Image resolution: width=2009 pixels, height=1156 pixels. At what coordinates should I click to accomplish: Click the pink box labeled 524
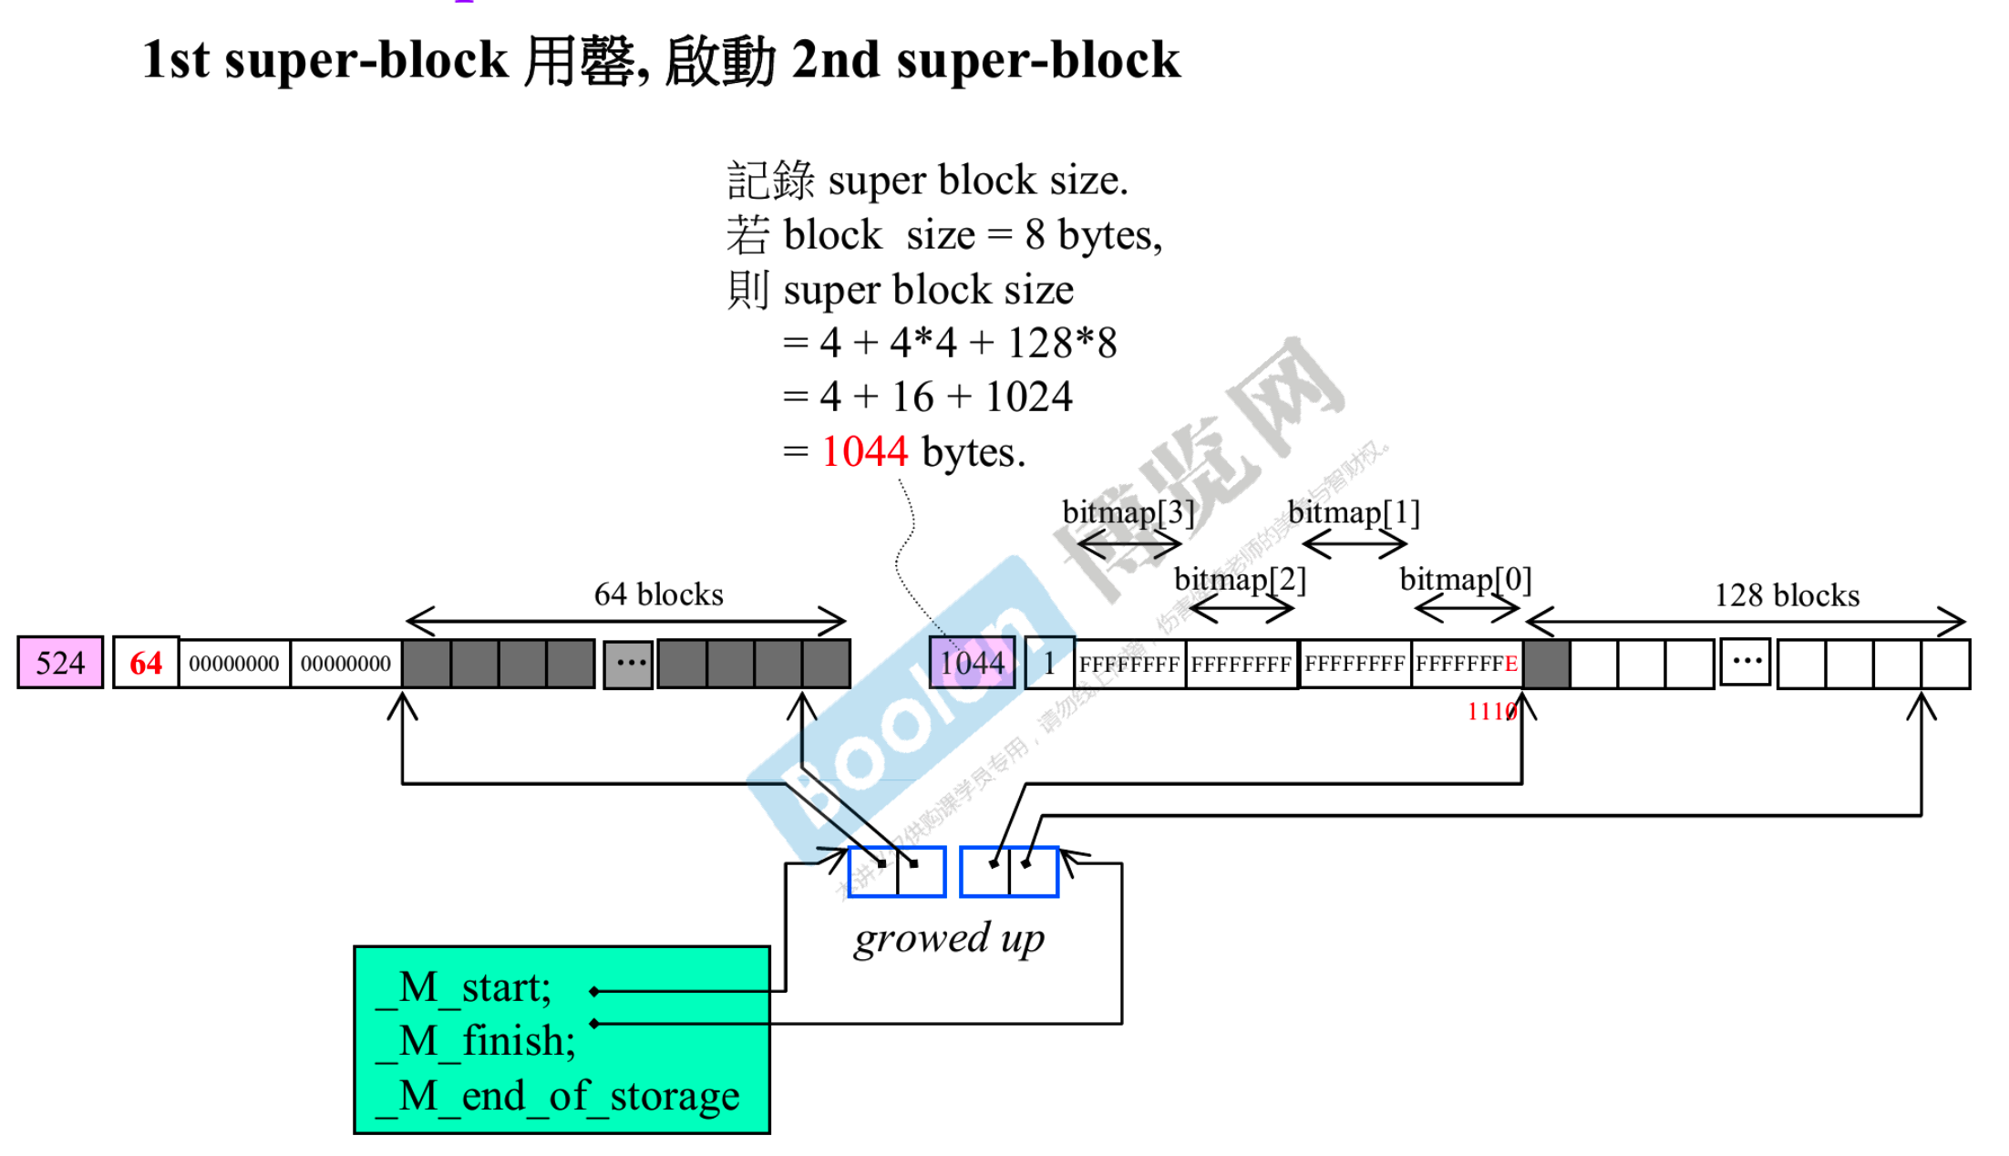click(x=60, y=663)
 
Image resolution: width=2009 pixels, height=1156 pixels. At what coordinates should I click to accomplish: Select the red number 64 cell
click(x=146, y=663)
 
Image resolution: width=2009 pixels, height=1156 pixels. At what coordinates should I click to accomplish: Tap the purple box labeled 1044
click(x=972, y=663)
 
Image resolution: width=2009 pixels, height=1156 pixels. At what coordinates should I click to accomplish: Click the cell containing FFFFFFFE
click(x=1466, y=664)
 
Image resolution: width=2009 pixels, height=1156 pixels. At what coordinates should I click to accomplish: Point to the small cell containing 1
click(x=1049, y=663)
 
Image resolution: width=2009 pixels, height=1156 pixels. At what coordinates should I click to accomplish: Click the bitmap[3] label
click(x=1128, y=512)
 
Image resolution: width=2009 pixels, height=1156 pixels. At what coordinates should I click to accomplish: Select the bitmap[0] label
click(x=1465, y=579)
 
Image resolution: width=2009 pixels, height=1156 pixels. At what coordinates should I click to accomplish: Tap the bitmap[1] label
click(x=1354, y=512)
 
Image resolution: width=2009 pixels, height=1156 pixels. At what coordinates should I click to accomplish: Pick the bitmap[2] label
click(x=1240, y=579)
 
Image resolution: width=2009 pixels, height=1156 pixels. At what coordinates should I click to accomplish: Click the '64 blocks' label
click(x=658, y=594)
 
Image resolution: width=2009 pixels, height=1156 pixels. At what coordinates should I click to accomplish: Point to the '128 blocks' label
click(x=1786, y=595)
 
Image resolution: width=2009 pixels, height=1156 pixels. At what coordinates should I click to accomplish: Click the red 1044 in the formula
click(x=864, y=451)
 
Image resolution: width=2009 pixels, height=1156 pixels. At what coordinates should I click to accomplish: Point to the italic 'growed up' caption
click(x=949, y=939)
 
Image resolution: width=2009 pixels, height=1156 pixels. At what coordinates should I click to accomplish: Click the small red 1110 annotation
click(x=1489, y=711)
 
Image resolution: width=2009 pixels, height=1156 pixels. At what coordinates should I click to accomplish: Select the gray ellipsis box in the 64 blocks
click(x=628, y=664)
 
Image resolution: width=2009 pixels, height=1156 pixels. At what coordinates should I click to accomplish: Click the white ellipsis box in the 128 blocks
click(x=1745, y=662)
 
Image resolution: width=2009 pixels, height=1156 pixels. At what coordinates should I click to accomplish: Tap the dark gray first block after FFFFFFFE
click(x=1547, y=664)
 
